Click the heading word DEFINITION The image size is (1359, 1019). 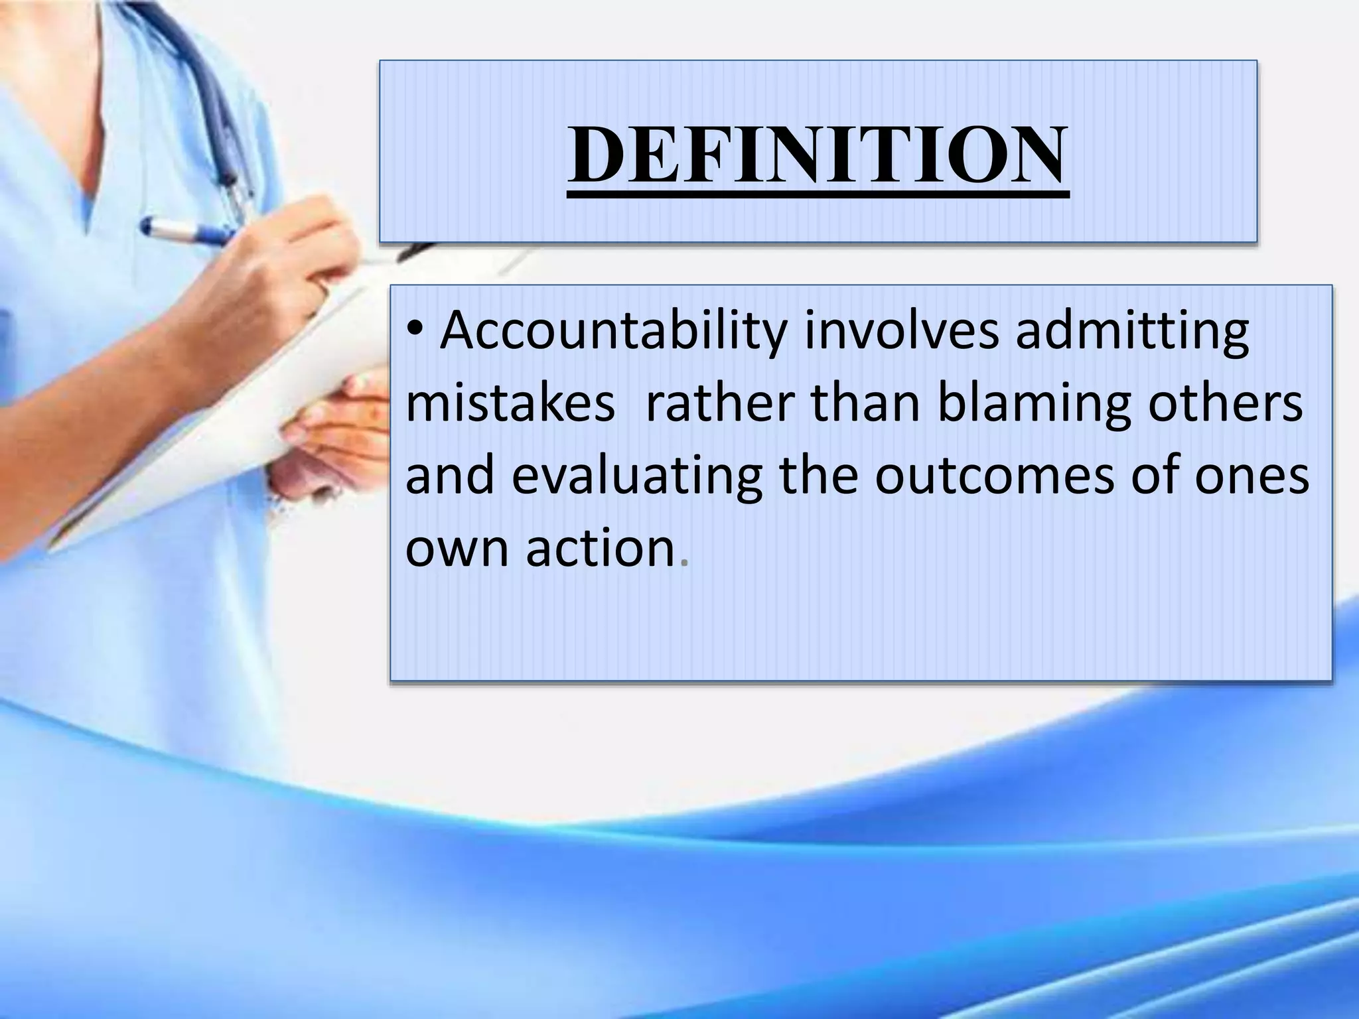818,156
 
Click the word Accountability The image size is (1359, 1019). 613,332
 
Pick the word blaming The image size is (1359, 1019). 1033,406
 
